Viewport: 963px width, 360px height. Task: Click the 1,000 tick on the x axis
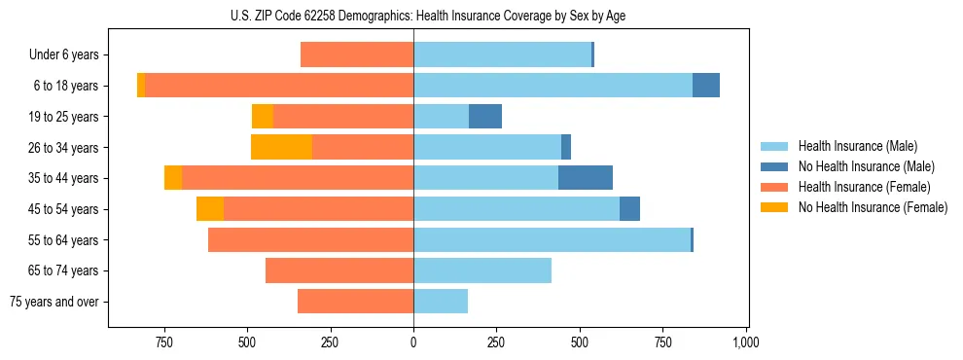746,343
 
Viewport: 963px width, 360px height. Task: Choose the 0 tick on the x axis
413,343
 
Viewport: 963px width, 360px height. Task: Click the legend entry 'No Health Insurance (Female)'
872,207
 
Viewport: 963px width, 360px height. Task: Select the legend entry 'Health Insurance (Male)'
857,146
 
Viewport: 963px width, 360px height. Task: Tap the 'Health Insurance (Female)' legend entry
864,187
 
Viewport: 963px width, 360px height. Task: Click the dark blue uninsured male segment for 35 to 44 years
586,178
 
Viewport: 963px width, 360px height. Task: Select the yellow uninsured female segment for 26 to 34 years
281,147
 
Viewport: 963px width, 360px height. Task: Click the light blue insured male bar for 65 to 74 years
482,270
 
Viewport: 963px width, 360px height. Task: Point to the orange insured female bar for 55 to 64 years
310,239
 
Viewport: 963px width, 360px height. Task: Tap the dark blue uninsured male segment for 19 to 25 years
485,117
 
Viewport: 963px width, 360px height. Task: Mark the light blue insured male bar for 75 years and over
441,302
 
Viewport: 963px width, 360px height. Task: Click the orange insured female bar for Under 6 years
357,55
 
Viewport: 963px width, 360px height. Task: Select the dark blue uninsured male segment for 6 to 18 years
706,86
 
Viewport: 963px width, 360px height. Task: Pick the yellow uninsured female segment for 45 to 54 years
210,209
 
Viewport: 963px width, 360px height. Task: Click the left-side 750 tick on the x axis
163,343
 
